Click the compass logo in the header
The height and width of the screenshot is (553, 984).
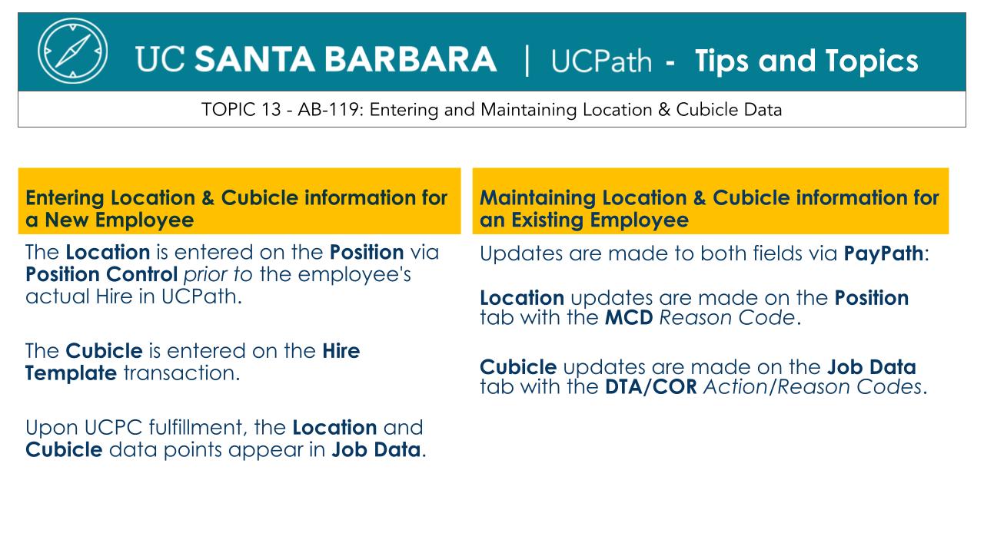[72, 51]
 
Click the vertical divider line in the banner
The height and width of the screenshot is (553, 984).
[527, 61]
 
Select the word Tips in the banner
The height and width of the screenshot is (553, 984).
[722, 61]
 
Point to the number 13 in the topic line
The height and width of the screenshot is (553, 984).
[271, 109]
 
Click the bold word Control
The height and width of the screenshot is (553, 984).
[141, 274]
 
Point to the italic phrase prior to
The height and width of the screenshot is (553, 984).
[218, 275]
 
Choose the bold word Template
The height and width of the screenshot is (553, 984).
[71, 373]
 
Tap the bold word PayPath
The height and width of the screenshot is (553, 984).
[883, 253]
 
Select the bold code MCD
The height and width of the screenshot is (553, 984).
[629, 318]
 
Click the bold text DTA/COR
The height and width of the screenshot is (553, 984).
[651, 387]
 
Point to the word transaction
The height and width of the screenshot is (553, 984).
[181, 373]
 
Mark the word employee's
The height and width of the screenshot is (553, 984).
[354, 275]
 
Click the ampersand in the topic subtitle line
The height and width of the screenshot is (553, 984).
[663, 109]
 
